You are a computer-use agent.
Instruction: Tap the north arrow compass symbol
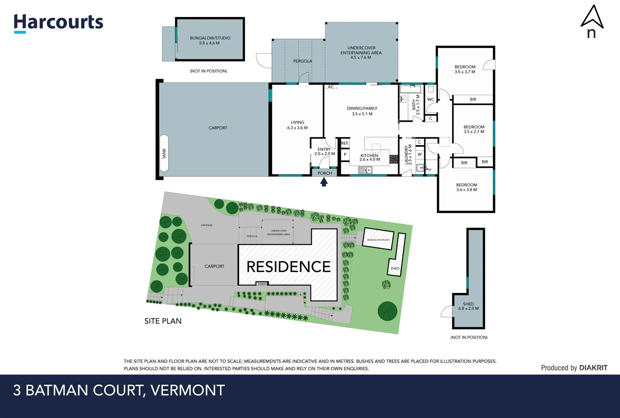(x=592, y=21)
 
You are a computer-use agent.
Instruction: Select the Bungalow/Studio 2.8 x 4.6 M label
(x=210, y=41)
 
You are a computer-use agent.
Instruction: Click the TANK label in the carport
(x=164, y=153)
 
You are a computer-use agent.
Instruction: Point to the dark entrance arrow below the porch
(x=324, y=182)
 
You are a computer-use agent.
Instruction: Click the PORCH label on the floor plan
(x=325, y=173)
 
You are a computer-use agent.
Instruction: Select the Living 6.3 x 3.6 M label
(x=297, y=125)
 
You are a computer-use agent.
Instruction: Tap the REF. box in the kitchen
(x=345, y=143)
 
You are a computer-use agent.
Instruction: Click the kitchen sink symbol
(x=365, y=170)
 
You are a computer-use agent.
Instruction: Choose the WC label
(x=430, y=99)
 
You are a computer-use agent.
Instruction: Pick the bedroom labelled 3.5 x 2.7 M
(x=474, y=129)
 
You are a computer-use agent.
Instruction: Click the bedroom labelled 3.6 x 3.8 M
(x=466, y=187)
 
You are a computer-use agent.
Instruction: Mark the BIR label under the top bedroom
(x=473, y=99)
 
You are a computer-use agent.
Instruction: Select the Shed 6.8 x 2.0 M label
(x=468, y=306)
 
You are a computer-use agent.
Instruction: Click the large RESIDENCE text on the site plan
(x=289, y=267)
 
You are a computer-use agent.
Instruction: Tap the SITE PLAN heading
(x=163, y=321)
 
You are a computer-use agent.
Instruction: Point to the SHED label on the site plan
(x=395, y=268)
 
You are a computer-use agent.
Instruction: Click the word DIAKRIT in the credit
(x=593, y=368)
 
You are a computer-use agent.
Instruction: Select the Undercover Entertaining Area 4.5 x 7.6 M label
(x=361, y=53)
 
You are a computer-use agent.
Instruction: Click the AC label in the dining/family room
(x=331, y=87)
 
